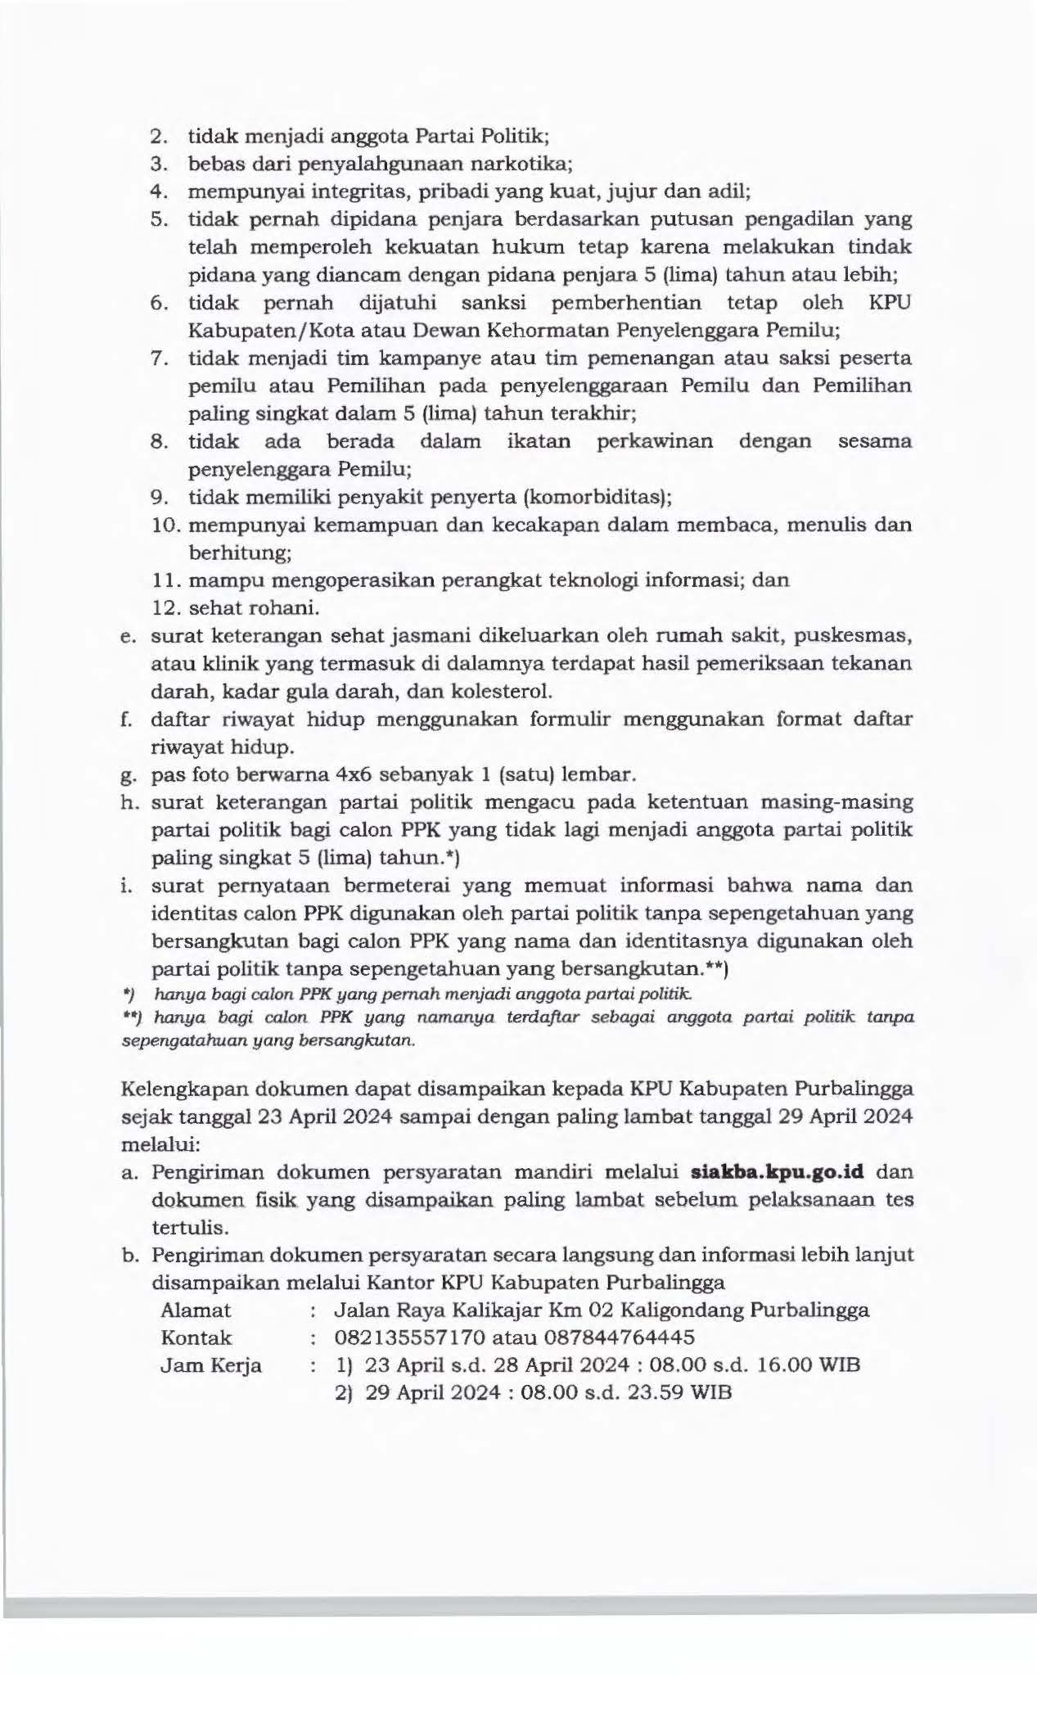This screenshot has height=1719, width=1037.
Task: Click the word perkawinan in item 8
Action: [654, 441]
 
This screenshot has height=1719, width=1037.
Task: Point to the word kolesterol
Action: [498, 691]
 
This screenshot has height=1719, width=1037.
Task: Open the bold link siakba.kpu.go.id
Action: [778, 1171]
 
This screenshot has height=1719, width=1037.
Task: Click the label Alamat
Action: [196, 1310]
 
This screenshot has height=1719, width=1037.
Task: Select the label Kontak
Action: [196, 1338]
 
